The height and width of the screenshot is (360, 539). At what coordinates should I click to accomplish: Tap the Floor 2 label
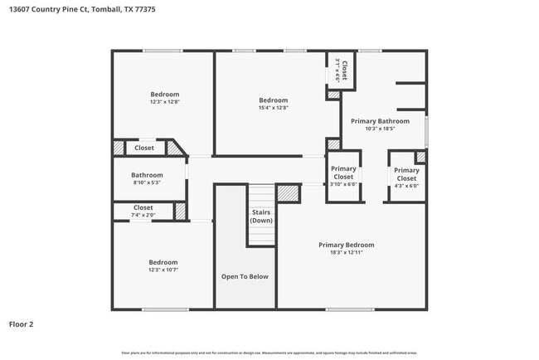point(21,324)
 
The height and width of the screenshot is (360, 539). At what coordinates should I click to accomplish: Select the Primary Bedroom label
point(347,245)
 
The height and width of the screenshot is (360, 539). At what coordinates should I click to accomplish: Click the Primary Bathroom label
point(380,120)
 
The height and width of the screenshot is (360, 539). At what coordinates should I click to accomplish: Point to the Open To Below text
point(245,276)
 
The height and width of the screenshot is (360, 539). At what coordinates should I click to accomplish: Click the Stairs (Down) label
point(261,216)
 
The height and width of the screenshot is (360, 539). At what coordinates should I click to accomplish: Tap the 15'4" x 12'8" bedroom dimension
point(274,108)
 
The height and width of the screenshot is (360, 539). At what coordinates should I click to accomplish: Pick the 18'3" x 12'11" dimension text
point(347,252)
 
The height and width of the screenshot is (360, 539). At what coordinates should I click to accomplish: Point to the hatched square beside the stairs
point(288,192)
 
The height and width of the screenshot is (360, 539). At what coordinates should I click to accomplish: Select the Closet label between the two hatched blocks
point(144,148)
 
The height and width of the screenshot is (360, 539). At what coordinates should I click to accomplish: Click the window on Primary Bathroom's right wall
point(427,129)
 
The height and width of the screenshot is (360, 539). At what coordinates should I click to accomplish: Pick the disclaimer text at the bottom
point(269,353)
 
